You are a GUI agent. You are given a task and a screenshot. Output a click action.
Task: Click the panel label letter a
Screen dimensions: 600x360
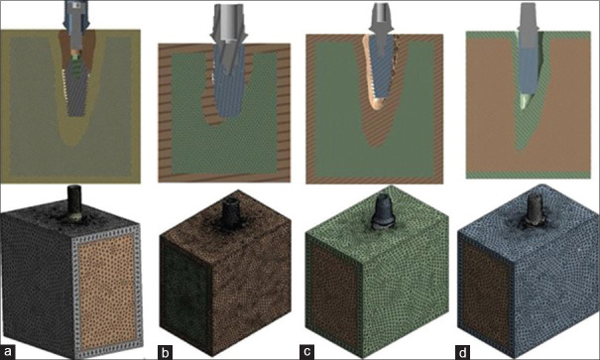[x=8, y=352]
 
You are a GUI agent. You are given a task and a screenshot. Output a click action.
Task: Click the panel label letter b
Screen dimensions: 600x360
[x=165, y=352]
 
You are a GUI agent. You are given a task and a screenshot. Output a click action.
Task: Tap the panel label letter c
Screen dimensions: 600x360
[x=307, y=352]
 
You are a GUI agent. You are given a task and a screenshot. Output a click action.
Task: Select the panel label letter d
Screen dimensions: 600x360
[x=463, y=352]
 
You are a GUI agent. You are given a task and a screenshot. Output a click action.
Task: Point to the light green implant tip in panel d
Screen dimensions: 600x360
[x=525, y=102]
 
